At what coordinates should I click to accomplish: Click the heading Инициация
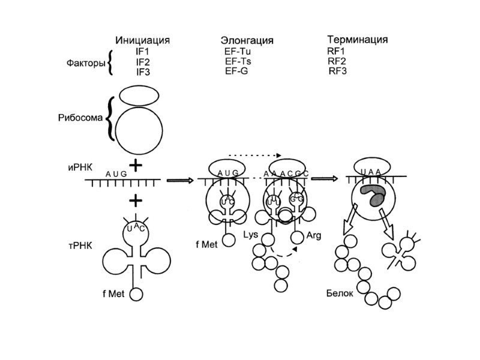(x=143, y=40)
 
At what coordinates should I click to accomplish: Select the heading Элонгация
(x=247, y=41)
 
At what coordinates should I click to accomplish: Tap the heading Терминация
(x=357, y=40)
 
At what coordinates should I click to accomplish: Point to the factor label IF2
(x=142, y=61)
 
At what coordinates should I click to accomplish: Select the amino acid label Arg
(x=314, y=236)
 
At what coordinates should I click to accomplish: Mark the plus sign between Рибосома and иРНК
(x=138, y=165)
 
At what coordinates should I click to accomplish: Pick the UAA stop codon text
(x=371, y=172)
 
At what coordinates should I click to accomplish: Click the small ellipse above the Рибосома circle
(x=138, y=95)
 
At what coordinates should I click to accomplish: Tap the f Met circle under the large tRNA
(x=137, y=294)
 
